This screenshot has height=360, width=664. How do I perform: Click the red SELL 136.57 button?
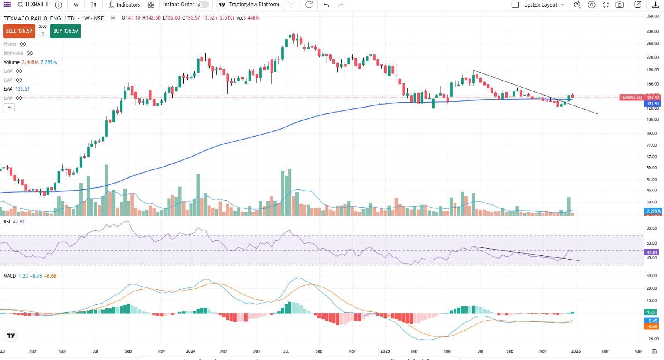point(19,31)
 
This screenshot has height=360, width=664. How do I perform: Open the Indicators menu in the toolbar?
point(124,5)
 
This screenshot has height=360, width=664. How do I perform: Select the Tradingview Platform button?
point(249,5)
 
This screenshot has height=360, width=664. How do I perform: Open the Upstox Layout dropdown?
point(544,5)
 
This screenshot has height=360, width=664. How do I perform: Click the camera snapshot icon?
point(620,5)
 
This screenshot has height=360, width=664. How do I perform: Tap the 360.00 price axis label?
point(653,16)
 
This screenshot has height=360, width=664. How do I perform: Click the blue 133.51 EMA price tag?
point(653,104)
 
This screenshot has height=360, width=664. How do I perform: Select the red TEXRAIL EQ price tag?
point(631,98)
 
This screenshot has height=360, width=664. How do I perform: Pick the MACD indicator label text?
point(10,276)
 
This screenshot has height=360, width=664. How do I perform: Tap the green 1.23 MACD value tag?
point(651,312)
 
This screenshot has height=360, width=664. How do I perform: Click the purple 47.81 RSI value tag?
point(652,252)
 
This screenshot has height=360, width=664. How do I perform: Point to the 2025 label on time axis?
point(385,351)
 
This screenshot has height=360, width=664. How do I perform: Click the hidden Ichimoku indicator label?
point(13,53)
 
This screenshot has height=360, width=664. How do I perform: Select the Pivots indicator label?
point(10,44)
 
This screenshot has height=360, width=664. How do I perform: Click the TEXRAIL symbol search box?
point(32,5)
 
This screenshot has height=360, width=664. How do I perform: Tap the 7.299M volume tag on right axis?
point(653,211)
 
